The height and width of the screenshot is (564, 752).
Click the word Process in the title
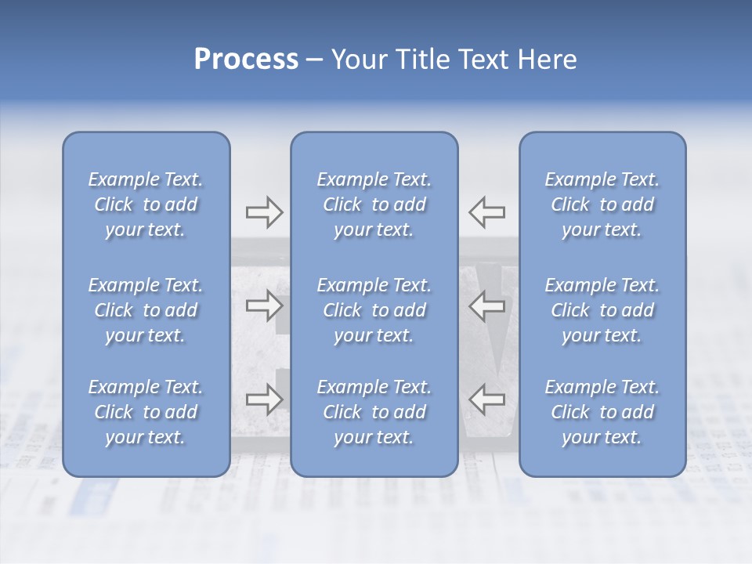[246, 60]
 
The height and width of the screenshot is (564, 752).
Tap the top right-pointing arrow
[264, 212]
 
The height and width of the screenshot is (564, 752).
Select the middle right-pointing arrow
[264, 306]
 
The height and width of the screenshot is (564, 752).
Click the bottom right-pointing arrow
[264, 399]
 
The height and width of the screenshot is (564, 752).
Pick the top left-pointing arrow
[487, 212]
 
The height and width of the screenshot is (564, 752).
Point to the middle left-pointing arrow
[487, 306]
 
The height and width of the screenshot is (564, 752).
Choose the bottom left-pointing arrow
[487, 399]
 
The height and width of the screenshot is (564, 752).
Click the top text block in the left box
[146, 204]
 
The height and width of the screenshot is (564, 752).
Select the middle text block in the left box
[146, 310]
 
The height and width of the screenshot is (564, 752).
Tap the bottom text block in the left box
[146, 412]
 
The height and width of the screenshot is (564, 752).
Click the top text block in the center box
[374, 204]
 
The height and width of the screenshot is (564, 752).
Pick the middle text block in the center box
[374, 310]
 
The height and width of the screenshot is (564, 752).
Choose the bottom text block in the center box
[374, 412]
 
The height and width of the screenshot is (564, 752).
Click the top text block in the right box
[602, 204]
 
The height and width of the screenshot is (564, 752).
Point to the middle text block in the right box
[602, 310]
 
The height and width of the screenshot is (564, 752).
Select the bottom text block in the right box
[602, 412]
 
